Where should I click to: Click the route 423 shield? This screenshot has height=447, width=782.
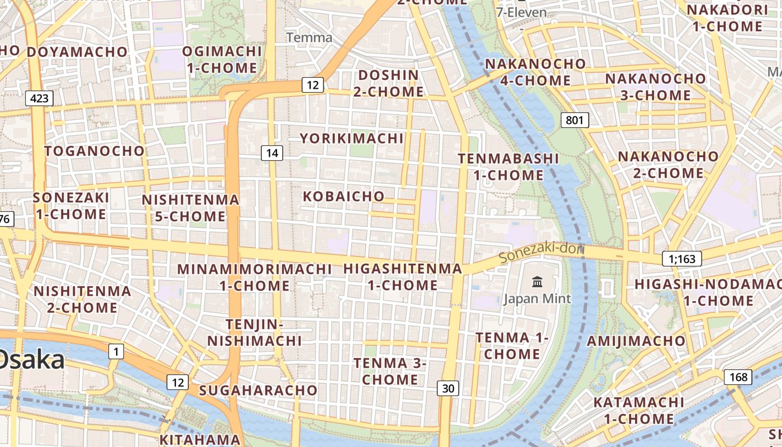pyautogui.click(x=39, y=99)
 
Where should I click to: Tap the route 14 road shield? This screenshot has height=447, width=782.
pyautogui.click(x=272, y=153)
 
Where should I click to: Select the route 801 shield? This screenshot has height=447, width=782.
pyautogui.click(x=574, y=120)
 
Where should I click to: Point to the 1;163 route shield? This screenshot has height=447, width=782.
pyautogui.click(x=681, y=259)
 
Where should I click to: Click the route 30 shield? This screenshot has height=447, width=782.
pyautogui.click(x=448, y=388)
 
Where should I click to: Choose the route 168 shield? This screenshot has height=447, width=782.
pyautogui.click(x=738, y=377)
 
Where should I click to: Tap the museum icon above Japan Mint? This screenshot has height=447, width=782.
pyautogui.click(x=537, y=282)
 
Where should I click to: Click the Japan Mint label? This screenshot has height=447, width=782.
pyautogui.click(x=537, y=299)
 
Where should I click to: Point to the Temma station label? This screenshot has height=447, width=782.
pyautogui.click(x=309, y=38)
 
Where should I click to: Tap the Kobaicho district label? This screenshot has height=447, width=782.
pyautogui.click(x=344, y=196)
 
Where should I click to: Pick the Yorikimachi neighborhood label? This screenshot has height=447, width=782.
pyautogui.click(x=351, y=138)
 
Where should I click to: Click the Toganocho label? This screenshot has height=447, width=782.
pyautogui.click(x=94, y=151)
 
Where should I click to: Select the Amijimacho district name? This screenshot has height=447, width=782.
pyautogui.click(x=636, y=341)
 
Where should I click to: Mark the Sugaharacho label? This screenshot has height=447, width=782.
pyautogui.click(x=258, y=390)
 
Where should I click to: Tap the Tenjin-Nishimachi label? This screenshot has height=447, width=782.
pyautogui.click(x=255, y=332)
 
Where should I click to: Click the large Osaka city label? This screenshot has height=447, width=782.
pyautogui.click(x=31, y=360)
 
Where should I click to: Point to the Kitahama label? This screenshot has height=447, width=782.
pyautogui.click(x=200, y=439)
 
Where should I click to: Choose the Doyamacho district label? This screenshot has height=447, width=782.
pyautogui.click(x=77, y=52)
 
